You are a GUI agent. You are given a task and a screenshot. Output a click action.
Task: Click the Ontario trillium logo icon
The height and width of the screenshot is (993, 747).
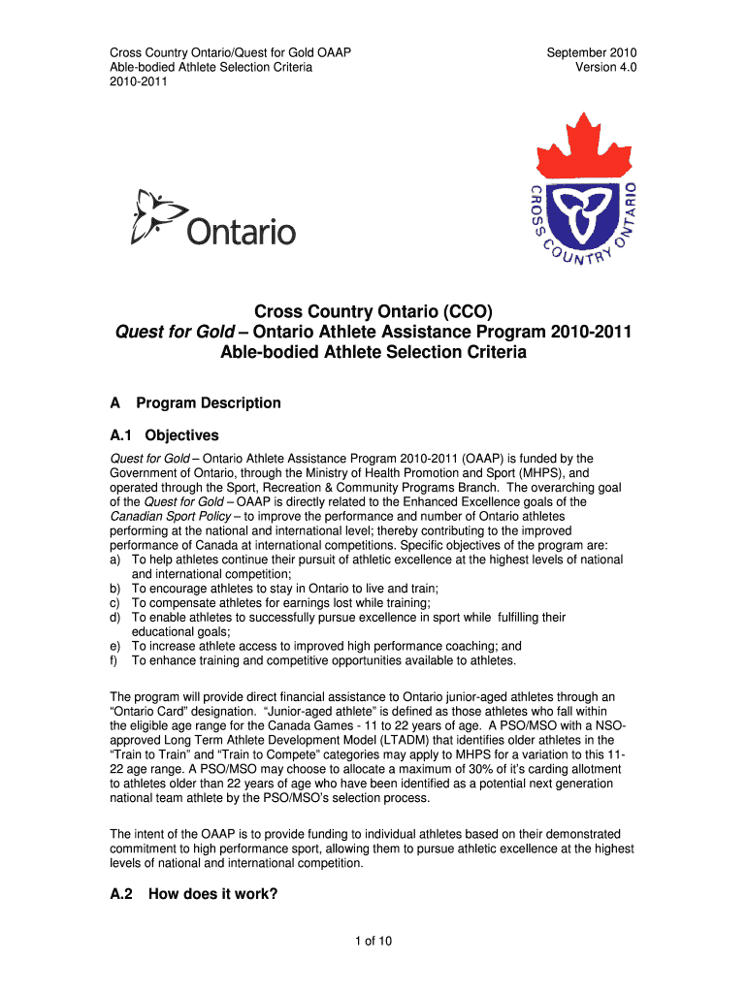155,216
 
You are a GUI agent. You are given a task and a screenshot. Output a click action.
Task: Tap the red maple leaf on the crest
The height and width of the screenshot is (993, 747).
584,146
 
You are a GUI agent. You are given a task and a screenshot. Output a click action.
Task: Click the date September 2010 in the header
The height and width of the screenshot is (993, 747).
592,52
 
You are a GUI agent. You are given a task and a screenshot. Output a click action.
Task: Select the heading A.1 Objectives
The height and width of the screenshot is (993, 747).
164,435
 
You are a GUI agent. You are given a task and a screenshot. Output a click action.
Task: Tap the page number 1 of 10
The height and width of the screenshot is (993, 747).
373,940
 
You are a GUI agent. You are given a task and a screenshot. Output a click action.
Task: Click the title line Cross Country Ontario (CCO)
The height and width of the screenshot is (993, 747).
373,311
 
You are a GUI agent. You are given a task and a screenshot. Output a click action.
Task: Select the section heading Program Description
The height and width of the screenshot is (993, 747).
209,402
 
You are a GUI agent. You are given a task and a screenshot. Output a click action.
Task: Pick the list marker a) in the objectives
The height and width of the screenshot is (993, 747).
115,560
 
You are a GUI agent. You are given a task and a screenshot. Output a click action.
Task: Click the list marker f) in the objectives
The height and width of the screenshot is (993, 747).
114,660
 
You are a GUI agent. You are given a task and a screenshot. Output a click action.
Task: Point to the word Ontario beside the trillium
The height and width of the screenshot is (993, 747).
241,232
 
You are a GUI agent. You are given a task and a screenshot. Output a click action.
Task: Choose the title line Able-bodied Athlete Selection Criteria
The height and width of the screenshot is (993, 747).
373,353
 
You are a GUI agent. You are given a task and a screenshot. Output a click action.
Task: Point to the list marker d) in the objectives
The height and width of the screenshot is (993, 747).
115,617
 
